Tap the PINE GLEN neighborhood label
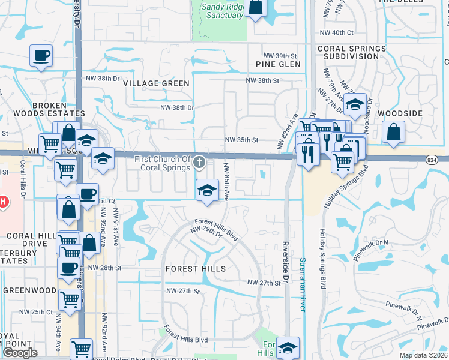[x=278, y=64]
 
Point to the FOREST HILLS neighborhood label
[x=196, y=269]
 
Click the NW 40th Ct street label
[x=337, y=33]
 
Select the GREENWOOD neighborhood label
[x=29, y=290]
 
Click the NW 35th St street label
[x=241, y=140]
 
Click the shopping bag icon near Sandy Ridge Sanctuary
[x=256, y=8]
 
